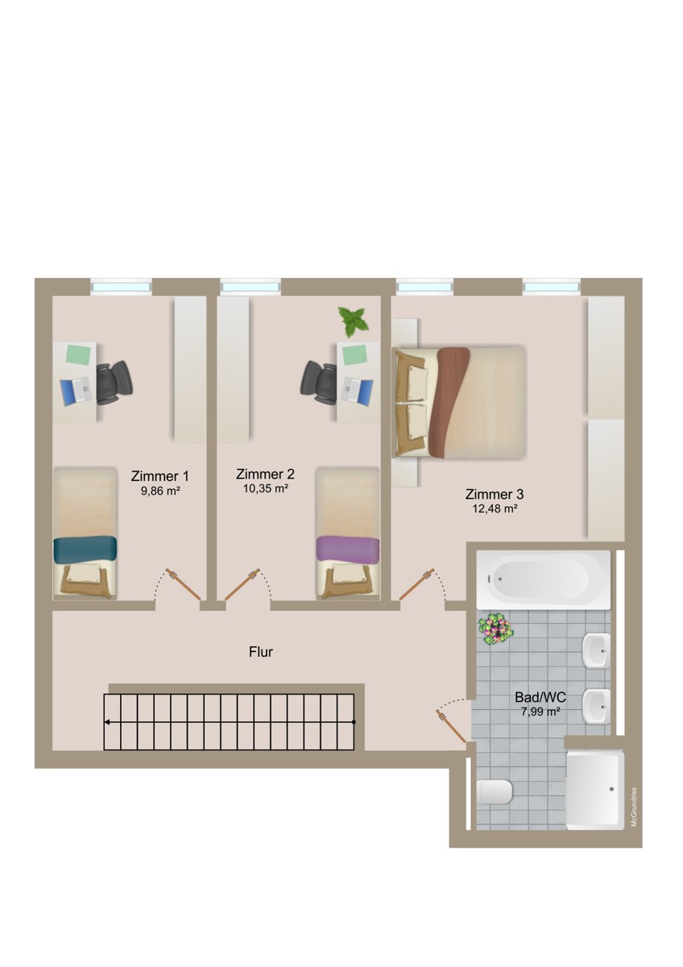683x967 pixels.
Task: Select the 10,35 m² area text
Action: [x=265, y=488]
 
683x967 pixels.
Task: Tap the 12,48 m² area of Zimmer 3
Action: [x=495, y=508]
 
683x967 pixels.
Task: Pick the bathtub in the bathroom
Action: [x=543, y=579]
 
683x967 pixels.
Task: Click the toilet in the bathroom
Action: [x=495, y=792]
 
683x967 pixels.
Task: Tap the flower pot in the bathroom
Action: [x=494, y=627]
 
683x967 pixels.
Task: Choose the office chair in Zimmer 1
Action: [x=114, y=382]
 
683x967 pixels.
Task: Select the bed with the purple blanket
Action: [x=347, y=533]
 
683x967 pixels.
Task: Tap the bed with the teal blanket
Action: [x=86, y=533]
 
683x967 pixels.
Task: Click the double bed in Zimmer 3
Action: [x=458, y=401]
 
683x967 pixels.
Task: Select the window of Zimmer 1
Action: [x=121, y=286]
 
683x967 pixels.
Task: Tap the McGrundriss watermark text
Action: [x=634, y=807]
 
